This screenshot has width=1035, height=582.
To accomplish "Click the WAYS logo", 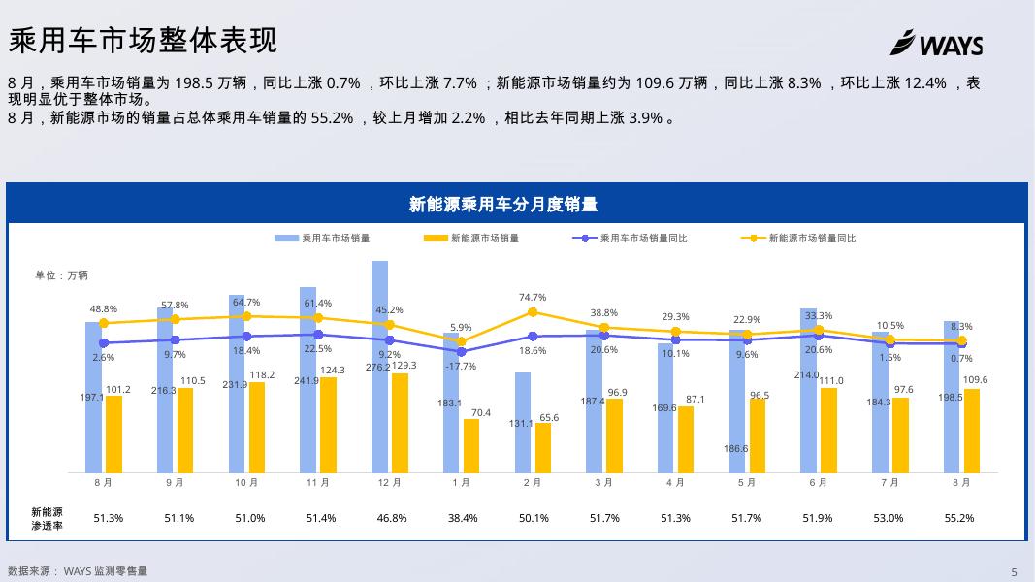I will pos(936,44).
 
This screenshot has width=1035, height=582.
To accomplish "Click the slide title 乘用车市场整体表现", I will pos(143,40).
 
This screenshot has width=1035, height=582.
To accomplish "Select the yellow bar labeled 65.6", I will pos(543,448).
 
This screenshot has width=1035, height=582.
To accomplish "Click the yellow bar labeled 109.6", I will pos(972,431).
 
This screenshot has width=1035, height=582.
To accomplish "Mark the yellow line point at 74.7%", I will pos(533,312).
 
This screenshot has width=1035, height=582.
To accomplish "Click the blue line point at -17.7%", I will pos(461,352).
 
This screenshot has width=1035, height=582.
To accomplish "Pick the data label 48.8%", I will pos(104,309).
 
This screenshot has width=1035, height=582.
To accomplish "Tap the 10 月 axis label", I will pos(246,482).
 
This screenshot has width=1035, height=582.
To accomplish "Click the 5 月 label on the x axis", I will pos(747,482).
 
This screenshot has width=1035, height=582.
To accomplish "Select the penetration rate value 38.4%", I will pos(463,518).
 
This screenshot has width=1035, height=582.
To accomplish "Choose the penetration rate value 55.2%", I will pos(959,518).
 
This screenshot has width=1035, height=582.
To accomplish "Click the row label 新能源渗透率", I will pos(47,518).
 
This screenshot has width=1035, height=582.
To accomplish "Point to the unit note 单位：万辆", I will pos(62,275).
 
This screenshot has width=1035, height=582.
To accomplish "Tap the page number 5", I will pos(1014,572).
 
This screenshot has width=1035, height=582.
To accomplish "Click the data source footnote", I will pos(78,571).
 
